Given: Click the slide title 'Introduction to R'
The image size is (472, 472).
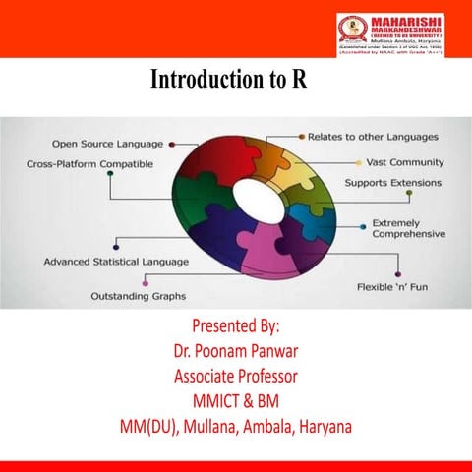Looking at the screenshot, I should (x=228, y=80).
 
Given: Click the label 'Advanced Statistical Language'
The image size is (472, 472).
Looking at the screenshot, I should (x=117, y=263).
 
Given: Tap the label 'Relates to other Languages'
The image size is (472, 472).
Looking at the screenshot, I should (x=374, y=136).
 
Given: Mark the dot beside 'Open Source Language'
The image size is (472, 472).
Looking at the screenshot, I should (x=172, y=144).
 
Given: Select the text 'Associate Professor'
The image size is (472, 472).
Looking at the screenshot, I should (x=236, y=376).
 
